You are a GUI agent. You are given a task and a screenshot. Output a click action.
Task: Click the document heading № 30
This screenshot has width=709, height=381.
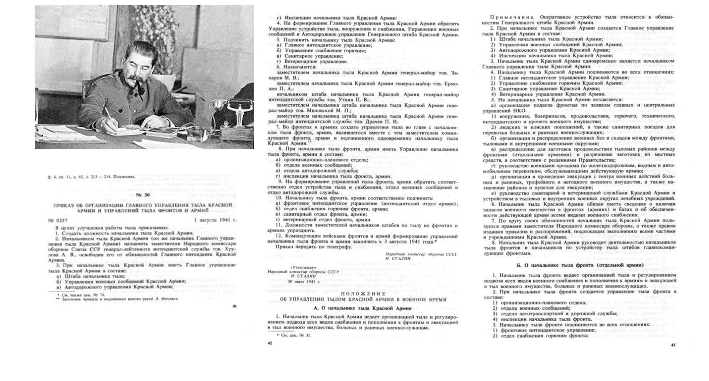tap(143, 195)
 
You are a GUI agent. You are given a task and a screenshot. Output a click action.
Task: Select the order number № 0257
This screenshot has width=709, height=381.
tap(58, 220)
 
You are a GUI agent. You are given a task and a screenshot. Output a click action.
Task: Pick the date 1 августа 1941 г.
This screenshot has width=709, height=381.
tap(215, 220)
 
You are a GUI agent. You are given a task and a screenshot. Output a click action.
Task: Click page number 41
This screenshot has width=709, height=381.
tap(235, 306)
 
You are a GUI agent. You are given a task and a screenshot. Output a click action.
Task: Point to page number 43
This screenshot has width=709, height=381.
tap(673, 345)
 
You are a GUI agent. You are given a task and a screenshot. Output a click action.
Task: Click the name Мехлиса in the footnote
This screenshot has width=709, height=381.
tap(171, 299)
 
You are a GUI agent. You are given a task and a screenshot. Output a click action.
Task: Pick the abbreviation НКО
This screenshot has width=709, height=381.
tap(520, 111)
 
